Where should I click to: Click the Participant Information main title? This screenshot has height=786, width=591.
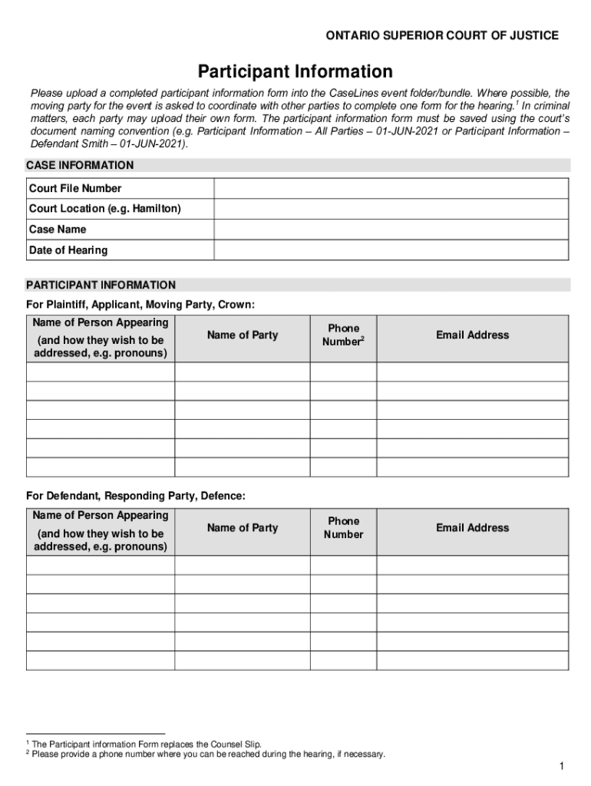pyautogui.click(x=295, y=72)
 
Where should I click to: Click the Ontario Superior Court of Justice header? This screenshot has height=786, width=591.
pyautogui.click(x=442, y=36)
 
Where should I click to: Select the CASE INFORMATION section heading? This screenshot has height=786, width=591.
pyautogui.click(x=80, y=165)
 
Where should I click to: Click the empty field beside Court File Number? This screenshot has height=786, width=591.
pyautogui.click(x=391, y=188)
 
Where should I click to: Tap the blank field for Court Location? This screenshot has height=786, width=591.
pyautogui.click(x=391, y=209)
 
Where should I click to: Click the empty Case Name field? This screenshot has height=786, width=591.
pyautogui.click(x=391, y=230)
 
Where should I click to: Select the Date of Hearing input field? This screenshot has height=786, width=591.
pyautogui.click(x=391, y=250)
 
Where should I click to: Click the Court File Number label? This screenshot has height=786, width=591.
pyautogui.click(x=75, y=188)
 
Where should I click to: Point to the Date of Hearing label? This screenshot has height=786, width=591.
pyautogui.click(x=68, y=250)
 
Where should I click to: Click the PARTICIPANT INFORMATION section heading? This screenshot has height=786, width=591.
pyautogui.click(x=101, y=285)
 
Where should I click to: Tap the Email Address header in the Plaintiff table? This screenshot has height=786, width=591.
pyautogui.click(x=472, y=335)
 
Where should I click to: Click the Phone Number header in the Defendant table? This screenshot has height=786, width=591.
pyautogui.click(x=343, y=527)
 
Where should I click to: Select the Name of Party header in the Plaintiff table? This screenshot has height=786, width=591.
pyautogui.click(x=243, y=335)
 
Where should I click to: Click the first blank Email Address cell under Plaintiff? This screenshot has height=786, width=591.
pyautogui.click(x=472, y=372)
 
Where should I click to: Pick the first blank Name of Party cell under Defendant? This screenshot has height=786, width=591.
pyautogui.click(x=243, y=565)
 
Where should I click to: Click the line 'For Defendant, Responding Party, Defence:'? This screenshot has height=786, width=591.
pyautogui.click(x=136, y=497)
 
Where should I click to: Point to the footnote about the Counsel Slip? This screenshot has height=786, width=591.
pyautogui.click(x=146, y=744)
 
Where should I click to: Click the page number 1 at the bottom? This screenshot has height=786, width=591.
pyautogui.click(x=562, y=767)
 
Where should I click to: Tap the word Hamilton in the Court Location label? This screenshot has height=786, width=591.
pyautogui.click(x=156, y=209)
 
